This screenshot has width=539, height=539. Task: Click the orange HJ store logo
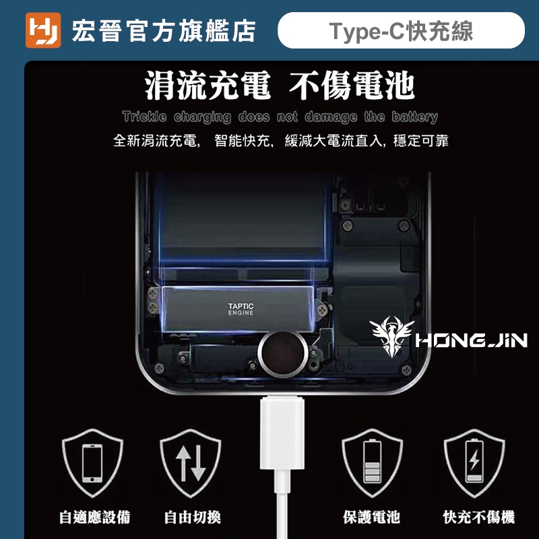pyautogui.click(x=43, y=30)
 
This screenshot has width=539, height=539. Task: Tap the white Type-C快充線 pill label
pyautogui.click(x=401, y=30)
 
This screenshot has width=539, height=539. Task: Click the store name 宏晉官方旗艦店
pyautogui.click(x=164, y=31)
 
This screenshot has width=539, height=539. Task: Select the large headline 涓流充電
pyautogui.click(x=208, y=86)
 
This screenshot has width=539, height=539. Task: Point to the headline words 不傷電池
pyautogui.click(x=351, y=86)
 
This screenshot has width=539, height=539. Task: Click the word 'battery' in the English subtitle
pyautogui.click(x=414, y=117)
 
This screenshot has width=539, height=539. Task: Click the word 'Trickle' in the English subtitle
pyautogui.click(x=144, y=117)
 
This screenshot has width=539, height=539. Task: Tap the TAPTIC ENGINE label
pyautogui.click(x=241, y=309)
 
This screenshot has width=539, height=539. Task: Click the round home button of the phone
pyautogui.click(x=282, y=354)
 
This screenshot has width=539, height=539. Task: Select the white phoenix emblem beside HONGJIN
pyautogui.click(x=391, y=336)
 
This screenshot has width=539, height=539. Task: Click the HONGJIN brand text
pyautogui.click(x=471, y=340)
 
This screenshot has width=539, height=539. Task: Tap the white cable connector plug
pyautogui.click(x=282, y=433)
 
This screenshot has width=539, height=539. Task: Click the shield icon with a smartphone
pyautogui.click(x=92, y=463)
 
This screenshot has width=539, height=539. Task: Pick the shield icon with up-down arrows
pyautogui.click(x=191, y=463)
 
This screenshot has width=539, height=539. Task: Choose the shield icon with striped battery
pyautogui.click(x=373, y=463)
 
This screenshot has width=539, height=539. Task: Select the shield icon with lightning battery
pyautogui.click(x=474, y=463)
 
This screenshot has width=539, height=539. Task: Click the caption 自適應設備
pyautogui.click(x=95, y=517)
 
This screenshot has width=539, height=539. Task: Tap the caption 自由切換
pyautogui.click(x=193, y=517)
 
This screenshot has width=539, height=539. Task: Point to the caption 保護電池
pyautogui.click(x=372, y=517)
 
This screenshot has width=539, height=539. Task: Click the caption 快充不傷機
pyautogui.click(x=479, y=517)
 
